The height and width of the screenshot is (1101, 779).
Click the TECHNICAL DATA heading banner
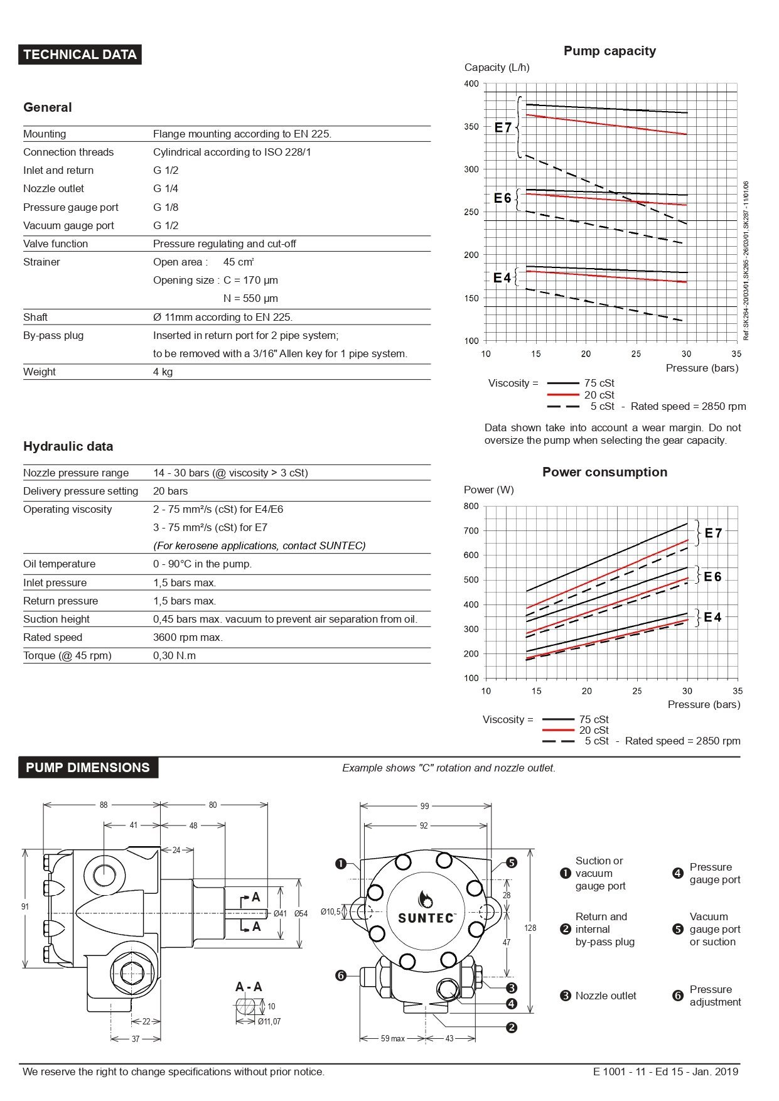click(x=80, y=55)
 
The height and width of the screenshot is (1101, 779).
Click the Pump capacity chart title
click(x=610, y=51)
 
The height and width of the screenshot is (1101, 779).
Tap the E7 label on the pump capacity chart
click(x=503, y=127)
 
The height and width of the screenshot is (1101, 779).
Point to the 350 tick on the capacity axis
click(x=471, y=127)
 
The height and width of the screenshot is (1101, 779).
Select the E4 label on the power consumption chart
click(x=712, y=617)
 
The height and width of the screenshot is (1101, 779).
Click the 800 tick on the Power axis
click(x=471, y=506)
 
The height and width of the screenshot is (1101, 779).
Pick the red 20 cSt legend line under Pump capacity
click(x=562, y=395)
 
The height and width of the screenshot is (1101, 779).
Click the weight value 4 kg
click(x=163, y=372)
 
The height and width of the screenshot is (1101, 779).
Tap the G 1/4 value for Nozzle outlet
click(x=166, y=188)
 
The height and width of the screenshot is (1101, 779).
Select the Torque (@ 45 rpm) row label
click(x=67, y=655)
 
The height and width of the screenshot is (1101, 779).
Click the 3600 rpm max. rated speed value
click(x=188, y=637)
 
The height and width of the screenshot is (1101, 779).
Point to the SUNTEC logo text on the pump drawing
click(x=426, y=918)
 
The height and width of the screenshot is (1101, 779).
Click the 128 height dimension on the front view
click(x=530, y=928)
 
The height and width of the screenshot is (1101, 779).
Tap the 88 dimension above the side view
click(x=104, y=805)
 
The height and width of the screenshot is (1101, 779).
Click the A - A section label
click(x=249, y=987)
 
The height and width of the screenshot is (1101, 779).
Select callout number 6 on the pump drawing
click(x=341, y=975)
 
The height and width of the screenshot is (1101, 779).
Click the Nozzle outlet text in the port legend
click(x=605, y=996)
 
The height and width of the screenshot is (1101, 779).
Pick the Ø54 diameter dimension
click(x=301, y=913)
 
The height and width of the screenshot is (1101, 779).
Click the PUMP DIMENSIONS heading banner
click(x=88, y=768)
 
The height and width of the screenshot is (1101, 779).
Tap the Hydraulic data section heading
click(x=68, y=446)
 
